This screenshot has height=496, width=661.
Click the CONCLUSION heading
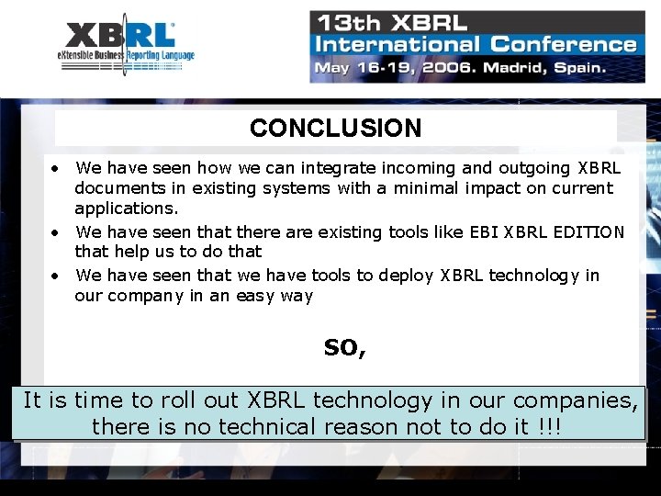(335, 129)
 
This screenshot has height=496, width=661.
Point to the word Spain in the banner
(577, 67)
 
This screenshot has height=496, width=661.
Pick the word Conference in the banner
(564, 44)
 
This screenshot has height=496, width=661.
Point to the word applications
(127, 209)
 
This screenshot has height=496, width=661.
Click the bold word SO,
(344, 348)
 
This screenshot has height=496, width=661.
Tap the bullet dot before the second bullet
(57, 232)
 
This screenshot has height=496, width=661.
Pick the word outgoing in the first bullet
(536, 168)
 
